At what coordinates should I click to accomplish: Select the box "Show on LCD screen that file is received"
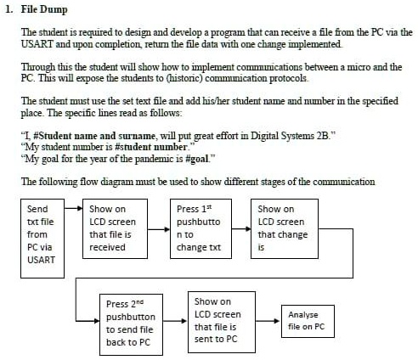pos(112,228)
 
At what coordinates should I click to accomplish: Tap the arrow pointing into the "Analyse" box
pos(270,313)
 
